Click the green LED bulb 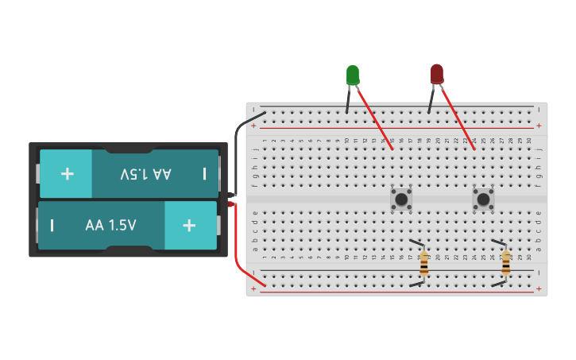353,75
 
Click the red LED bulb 437,75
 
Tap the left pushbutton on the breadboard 401,199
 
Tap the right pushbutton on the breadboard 483,199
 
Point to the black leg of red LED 431,99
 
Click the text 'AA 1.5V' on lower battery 110,225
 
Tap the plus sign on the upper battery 68,173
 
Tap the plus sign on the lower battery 189,225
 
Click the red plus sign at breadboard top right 539,126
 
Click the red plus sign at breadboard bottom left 254,289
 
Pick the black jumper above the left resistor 416,242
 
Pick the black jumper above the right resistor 498,242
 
